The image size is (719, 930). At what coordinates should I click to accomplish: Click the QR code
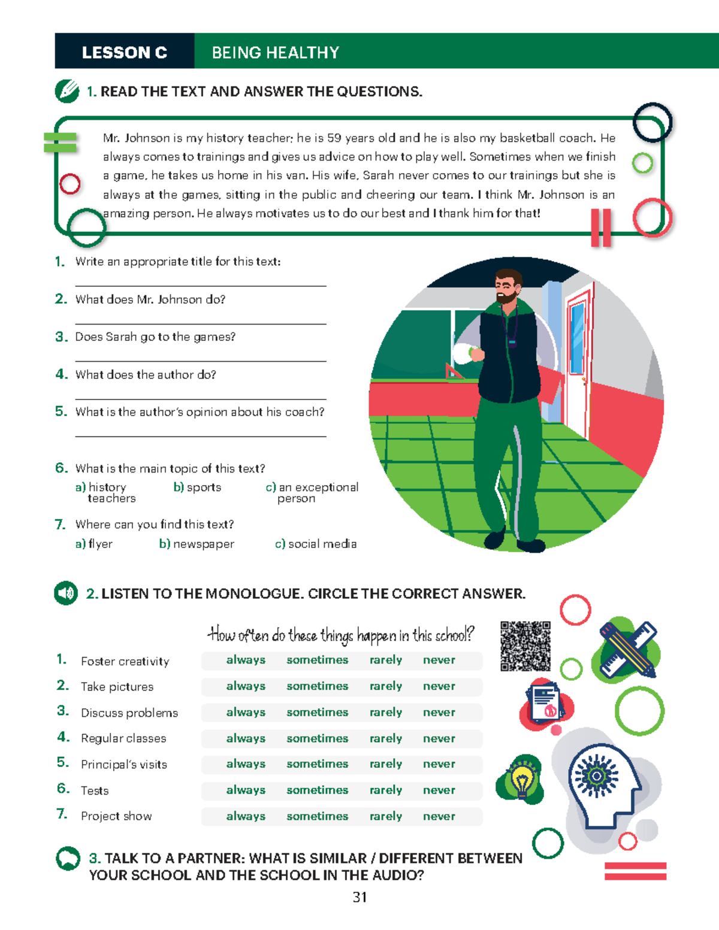point(525,646)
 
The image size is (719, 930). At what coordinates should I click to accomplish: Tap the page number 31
point(359,897)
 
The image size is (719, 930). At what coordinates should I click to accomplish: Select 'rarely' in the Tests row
point(386,790)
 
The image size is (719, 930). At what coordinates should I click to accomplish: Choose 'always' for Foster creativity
point(246,660)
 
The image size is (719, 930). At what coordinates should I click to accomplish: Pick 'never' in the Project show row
point(439,816)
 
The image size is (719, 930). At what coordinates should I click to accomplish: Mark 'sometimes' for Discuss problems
point(318,712)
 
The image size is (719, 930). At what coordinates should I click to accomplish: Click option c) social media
point(316,544)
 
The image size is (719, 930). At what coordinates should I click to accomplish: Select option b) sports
point(197,487)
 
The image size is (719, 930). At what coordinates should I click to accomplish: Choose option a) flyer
point(94,544)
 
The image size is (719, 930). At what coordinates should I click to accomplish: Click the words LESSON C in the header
point(125,53)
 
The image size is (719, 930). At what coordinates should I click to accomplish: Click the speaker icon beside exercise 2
point(66,593)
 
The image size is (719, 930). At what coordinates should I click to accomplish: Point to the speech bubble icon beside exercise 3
point(68,858)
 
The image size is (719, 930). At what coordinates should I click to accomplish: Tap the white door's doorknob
point(584,380)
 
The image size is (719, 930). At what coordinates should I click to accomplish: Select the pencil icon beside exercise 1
point(67,91)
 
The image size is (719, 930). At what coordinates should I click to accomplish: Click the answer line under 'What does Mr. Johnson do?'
point(201,324)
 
